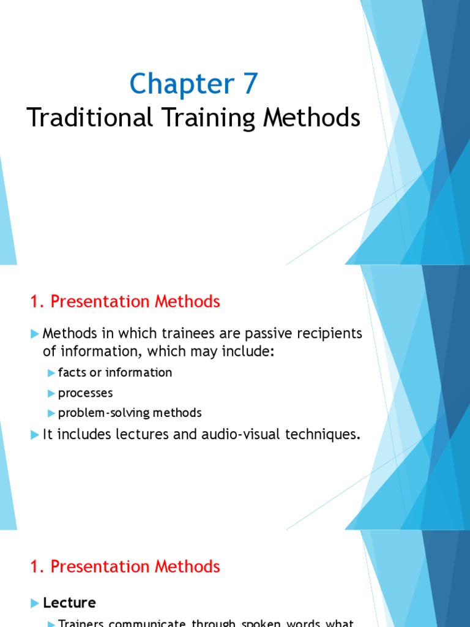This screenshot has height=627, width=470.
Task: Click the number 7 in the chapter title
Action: pyautogui.click(x=250, y=84)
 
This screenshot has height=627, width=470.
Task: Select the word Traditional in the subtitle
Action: pyautogui.click(x=90, y=117)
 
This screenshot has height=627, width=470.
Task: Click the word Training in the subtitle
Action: pyautogui.click(x=209, y=117)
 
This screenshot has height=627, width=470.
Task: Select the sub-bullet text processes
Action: pyautogui.click(x=85, y=392)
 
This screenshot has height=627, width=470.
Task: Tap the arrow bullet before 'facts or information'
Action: pyautogui.click(x=51, y=373)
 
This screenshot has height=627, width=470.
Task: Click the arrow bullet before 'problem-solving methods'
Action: pyautogui.click(x=51, y=413)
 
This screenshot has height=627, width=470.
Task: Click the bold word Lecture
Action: pyautogui.click(x=69, y=603)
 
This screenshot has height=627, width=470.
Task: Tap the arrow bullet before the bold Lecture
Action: pyautogui.click(x=34, y=603)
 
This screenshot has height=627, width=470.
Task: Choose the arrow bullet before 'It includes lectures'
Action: pyautogui.click(x=34, y=435)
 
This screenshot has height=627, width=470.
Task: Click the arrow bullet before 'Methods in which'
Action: pyautogui.click(x=34, y=334)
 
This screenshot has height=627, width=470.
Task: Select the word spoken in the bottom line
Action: pyautogui.click(x=258, y=623)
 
